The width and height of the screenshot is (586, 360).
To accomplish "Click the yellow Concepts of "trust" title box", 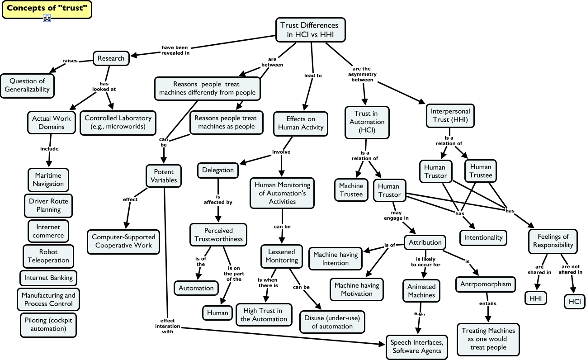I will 47,9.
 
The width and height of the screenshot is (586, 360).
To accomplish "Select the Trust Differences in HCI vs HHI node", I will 309,30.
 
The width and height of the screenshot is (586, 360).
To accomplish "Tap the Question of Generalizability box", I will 27,85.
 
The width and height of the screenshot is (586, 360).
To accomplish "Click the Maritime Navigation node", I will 48,180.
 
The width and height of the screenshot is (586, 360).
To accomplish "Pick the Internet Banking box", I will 48,277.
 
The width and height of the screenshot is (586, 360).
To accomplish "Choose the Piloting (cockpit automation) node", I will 48,324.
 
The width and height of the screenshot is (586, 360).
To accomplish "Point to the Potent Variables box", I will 164,176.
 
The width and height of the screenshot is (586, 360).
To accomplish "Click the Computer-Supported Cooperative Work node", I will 123,241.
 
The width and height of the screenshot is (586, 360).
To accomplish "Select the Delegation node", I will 218,170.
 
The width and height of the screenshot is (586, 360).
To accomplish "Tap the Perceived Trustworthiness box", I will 218,235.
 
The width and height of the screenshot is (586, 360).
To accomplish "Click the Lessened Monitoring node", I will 281,256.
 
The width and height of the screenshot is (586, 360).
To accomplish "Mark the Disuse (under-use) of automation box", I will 332,322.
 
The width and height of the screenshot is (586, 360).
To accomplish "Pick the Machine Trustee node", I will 351,190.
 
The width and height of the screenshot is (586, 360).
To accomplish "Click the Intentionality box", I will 483,237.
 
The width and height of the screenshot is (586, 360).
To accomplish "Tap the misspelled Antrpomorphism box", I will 485,284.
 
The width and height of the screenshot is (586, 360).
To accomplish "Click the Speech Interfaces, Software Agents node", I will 417,346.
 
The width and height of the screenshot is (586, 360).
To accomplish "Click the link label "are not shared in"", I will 572,269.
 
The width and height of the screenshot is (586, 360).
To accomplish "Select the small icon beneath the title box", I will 47,18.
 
